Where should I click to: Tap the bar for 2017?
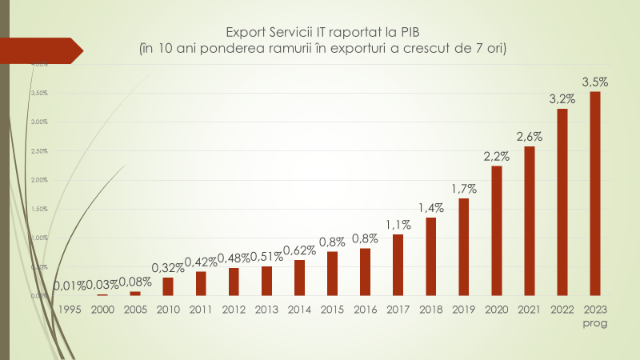coord(398,265)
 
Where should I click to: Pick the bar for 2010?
coord(167,286)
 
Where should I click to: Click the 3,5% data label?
coord(594,82)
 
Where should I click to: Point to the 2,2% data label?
coord(496,157)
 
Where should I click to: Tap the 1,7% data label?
coord(463,189)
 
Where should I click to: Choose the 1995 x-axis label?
coord(69,309)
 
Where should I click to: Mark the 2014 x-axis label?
coord(299,309)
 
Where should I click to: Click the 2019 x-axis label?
coord(463,309)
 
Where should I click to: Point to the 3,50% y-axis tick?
coord(39,93)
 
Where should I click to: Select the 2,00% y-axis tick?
coord(39,180)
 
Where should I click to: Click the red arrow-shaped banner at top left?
coord(44,50)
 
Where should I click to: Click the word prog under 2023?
coord(594,323)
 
